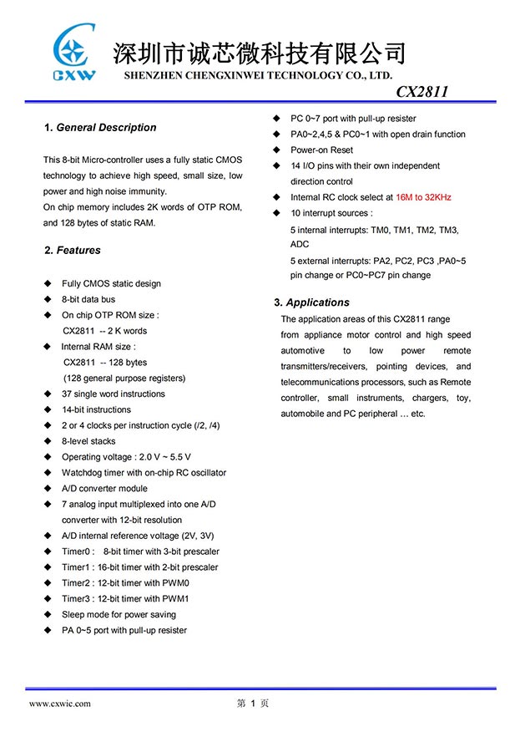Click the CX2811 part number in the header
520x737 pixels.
pyautogui.click(x=422, y=92)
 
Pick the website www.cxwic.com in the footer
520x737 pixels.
pyautogui.click(x=60, y=704)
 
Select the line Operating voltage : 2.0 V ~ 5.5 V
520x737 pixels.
pyautogui.click(x=126, y=457)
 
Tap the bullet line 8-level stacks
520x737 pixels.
pyautogui.click(x=88, y=441)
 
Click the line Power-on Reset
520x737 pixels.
pyautogui.click(x=321, y=150)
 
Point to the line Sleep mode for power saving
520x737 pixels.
pyautogui.click(x=119, y=614)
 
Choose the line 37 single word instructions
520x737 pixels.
pyautogui.click(x=114, y=394)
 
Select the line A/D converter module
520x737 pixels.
pyautogui.click(x=104, y=489)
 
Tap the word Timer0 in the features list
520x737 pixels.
pyautogui.click(x=76, y=551)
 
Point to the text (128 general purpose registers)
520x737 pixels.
pyautogui.click(x=124, y=379)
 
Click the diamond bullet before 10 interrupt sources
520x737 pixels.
pyautogui.click(x=277, y=213)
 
